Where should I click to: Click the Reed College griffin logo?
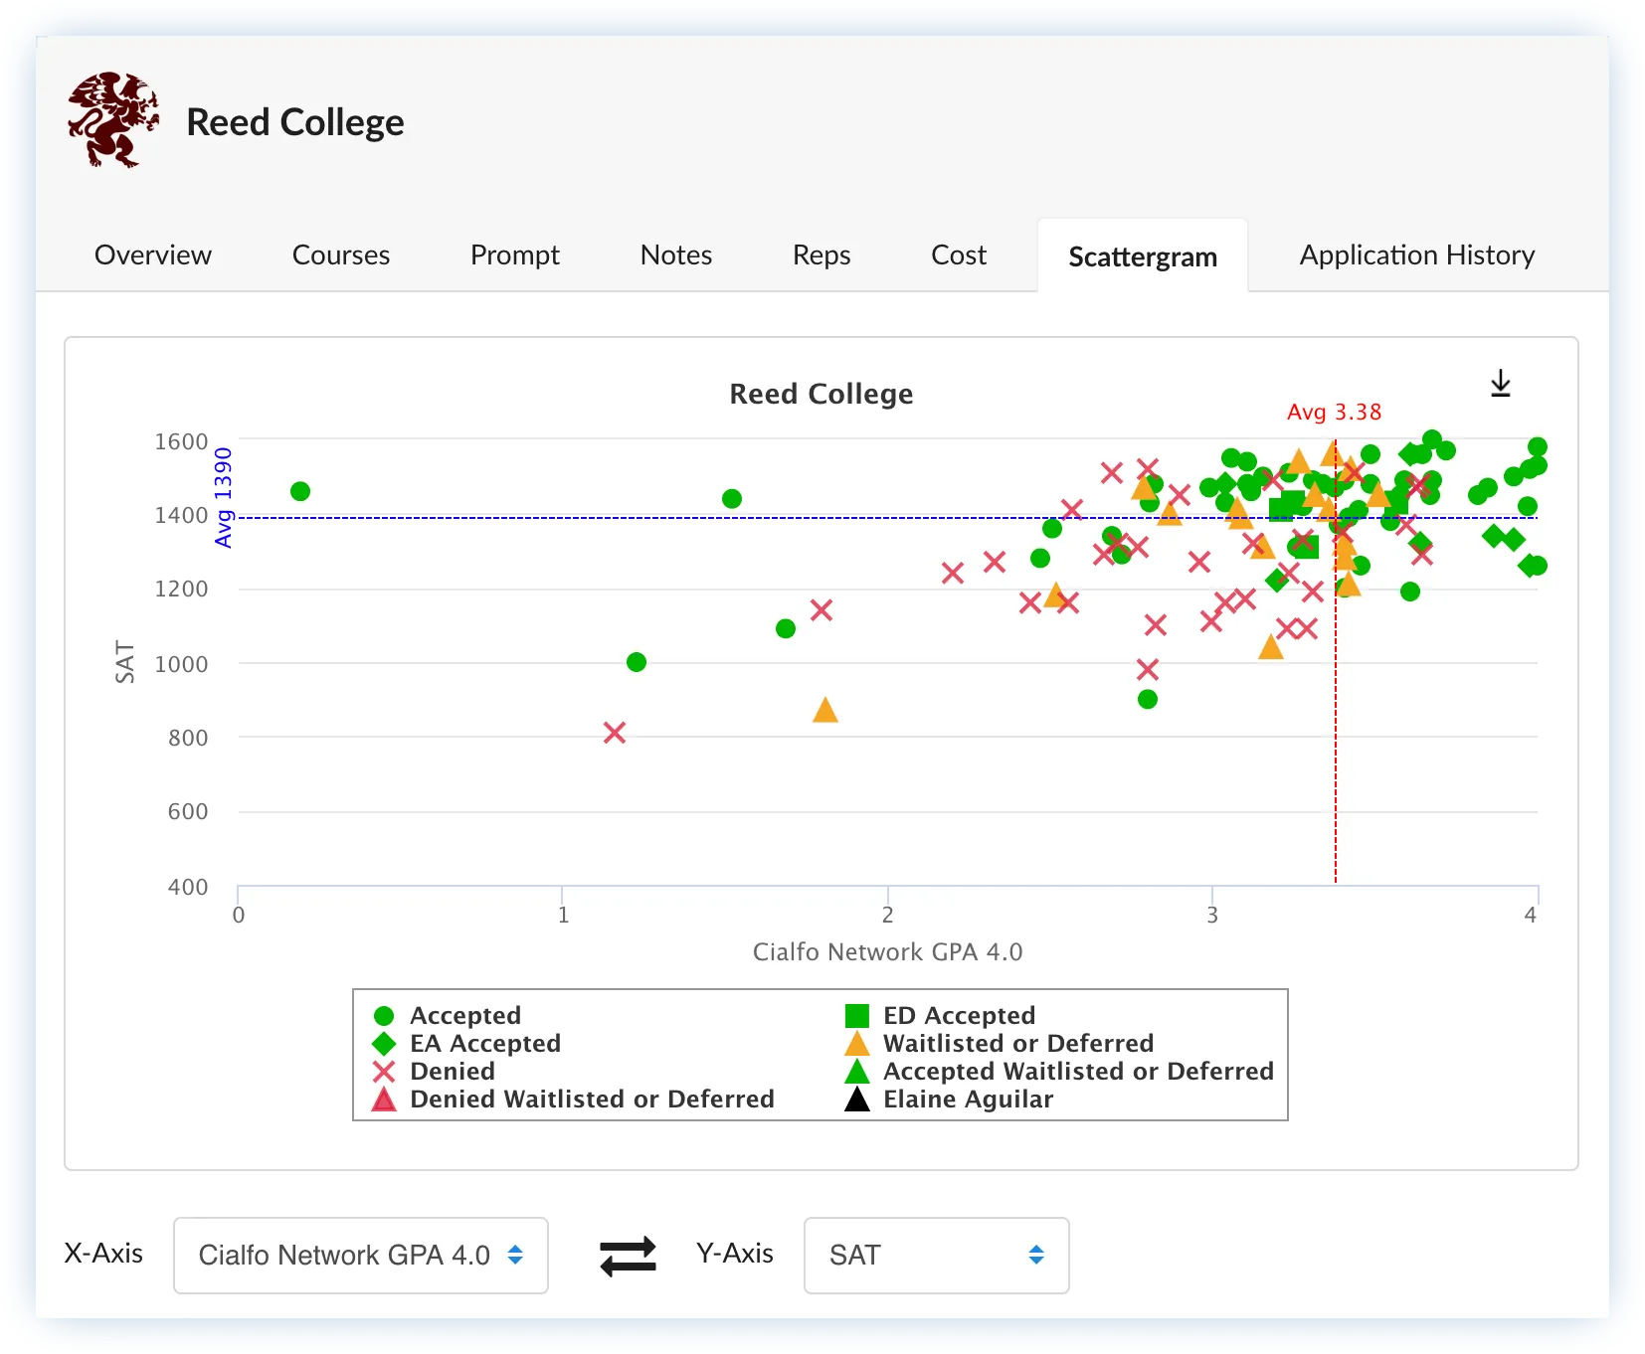pos(113,120)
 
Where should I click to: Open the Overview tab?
pos(153,255)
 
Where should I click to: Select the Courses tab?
pos(340,255)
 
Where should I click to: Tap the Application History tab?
pos(1416,255)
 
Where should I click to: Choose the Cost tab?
pos(958,255)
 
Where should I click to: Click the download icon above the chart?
pos(1500,384)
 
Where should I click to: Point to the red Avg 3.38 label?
pos(1334,413)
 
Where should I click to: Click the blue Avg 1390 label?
pos(224,497)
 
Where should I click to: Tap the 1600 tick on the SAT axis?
pos(181,441)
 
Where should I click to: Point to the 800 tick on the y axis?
pos(188,738)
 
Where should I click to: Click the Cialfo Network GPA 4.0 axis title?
pos(887,952)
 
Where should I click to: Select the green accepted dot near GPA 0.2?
pos(300,491)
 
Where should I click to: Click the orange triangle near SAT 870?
pos(824,711)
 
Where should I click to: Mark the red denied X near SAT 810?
pos(615,733)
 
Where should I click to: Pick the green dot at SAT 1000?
pos(637,662)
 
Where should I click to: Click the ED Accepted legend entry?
pos(958,1016)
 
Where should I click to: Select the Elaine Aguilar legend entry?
pos(967,1100)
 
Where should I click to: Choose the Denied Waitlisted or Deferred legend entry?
pos(591,1100)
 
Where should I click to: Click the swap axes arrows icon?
pos(628,1256)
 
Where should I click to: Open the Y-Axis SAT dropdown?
pos(936,1256)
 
